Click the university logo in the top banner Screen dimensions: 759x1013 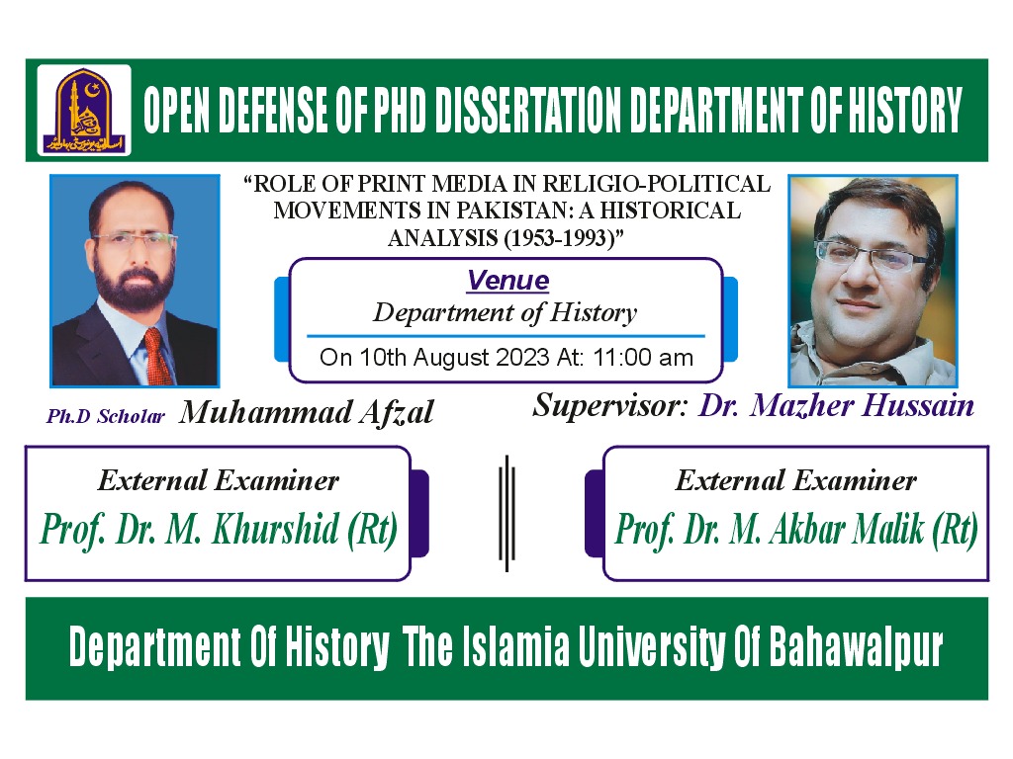click(84, 109)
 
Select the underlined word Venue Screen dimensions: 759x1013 click(507, 281)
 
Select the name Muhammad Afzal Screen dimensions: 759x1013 click(307, 412)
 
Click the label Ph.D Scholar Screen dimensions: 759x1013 click(106, 416)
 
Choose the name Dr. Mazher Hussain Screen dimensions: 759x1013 click(836, 405)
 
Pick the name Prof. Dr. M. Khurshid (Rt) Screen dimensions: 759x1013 click(219, 530)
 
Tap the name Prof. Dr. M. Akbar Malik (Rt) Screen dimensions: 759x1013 click(796, 530)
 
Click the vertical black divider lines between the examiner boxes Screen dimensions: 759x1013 click(506, 512)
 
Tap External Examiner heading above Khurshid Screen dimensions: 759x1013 click(219, 481)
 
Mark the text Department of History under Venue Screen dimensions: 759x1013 click(505, 313)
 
